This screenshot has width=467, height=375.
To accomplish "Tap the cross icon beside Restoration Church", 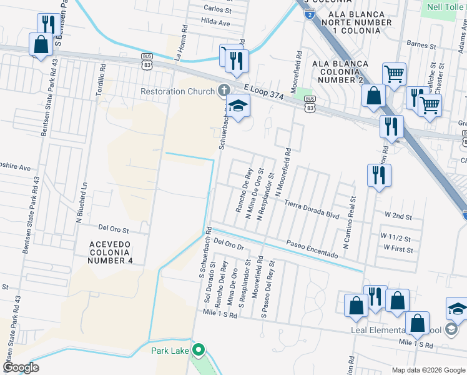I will click(224, 91).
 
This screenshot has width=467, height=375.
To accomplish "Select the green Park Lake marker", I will click(199, 350).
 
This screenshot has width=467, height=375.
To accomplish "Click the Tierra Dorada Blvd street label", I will click(312, 209).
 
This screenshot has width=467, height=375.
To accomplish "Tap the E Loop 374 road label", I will click(263, 93).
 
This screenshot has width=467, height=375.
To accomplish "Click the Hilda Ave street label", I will click(216, 22).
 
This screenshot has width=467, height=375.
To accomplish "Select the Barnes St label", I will click(420, 45).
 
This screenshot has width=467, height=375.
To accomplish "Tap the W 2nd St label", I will click(398, 216).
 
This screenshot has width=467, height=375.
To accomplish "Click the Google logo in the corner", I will click(21, 367).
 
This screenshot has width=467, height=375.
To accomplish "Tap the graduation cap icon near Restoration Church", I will click(238, 107).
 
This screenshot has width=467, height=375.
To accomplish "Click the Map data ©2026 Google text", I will click(428, 370).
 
